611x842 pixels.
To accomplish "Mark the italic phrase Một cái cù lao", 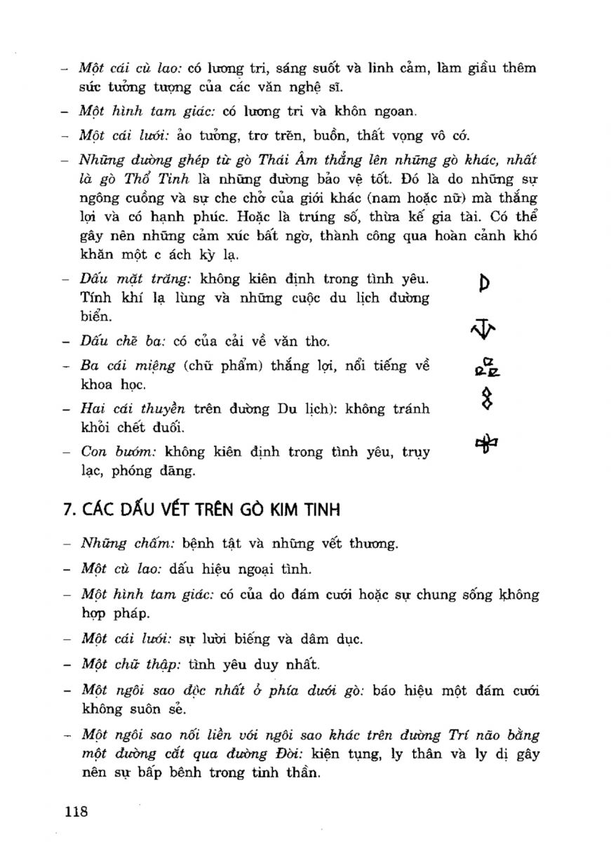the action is tap(130, 68).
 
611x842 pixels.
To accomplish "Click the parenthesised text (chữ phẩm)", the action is tap(199, 366).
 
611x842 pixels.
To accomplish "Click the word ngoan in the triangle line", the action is tap(393, 111).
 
